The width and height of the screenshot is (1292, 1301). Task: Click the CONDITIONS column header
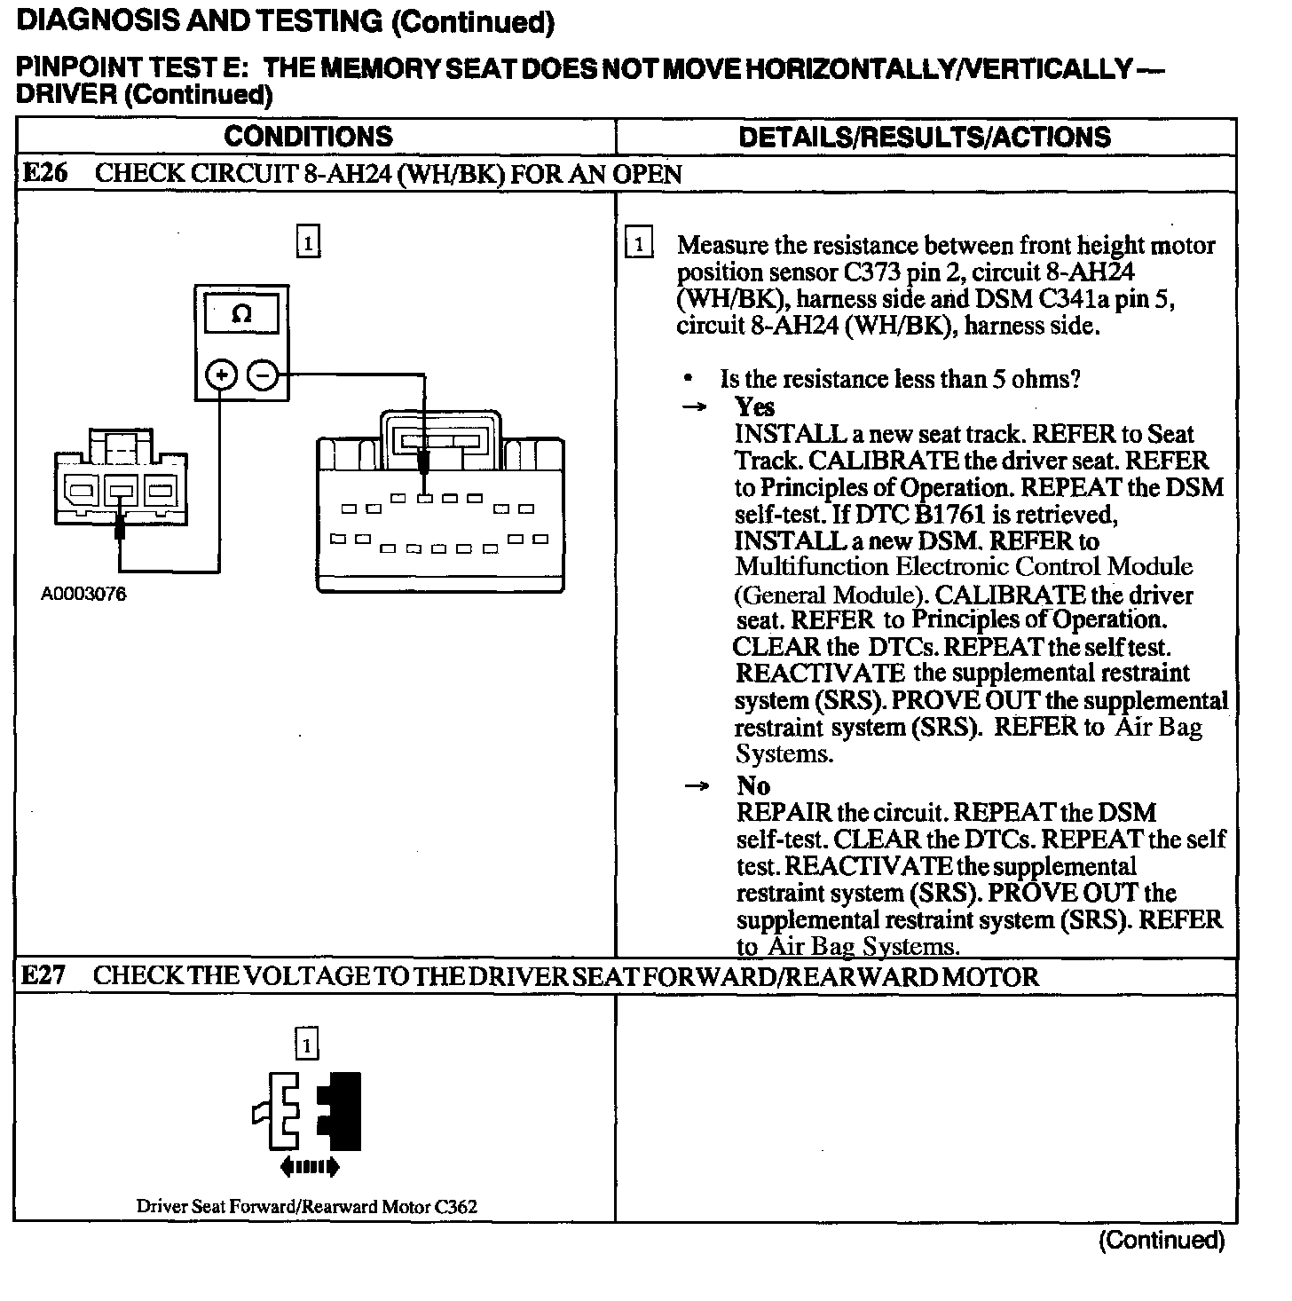pyautogui.click(x=308, y=137)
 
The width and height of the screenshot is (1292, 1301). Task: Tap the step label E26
pyautogui.click(x=43, y=173)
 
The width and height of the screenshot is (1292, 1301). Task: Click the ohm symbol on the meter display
pyautogui.click(x=240, y=314)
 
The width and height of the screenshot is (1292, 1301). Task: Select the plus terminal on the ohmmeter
pyautogui.click(x=221, y=375)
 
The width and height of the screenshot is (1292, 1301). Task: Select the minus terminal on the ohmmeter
pyautogui.click(x=262, y=375)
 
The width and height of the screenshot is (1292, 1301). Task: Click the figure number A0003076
pyautogui.click(x=83, y=595)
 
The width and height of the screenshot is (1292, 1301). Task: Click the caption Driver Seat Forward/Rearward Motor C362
pyautogui.click(x=307, y=1206)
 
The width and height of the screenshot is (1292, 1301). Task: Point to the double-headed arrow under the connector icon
pyautogui.click(x=309, y=1166)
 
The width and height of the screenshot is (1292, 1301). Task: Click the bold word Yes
pyautogui.click(x=754, y=407)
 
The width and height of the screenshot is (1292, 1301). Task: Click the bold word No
pyautogui.click(x=752, y=785)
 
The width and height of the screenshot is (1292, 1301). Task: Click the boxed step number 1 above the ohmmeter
pyautogui.click(x=307, y=242)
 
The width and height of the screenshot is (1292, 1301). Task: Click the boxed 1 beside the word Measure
pyautogui.click(x=639, y=244)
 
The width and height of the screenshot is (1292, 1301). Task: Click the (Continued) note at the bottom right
pyautogui.click(x=1161, y=1240)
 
